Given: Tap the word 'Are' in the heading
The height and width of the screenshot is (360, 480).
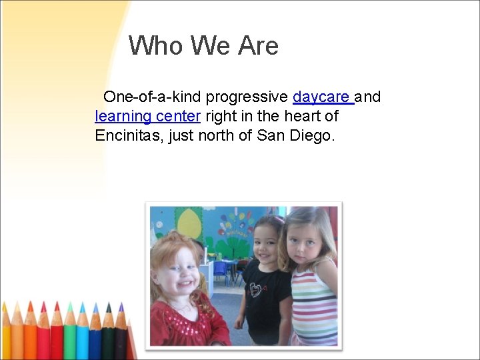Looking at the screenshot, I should click(257, 46).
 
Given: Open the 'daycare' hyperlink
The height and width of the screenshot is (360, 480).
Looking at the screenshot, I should click(321, 97).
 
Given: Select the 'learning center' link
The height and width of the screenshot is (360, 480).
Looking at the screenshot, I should click(147, 117).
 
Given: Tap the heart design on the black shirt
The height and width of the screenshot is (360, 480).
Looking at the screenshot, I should click(256, 289).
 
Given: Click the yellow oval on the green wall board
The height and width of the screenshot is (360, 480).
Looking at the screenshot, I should click(189, 224).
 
